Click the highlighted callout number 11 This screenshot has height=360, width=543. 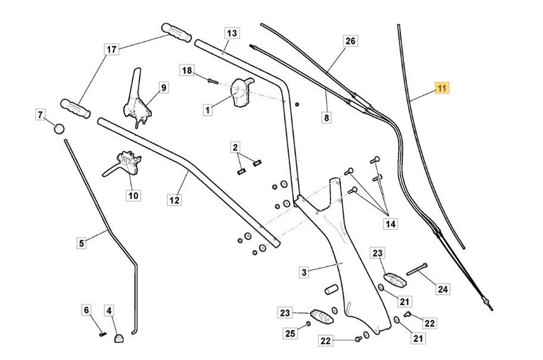[442, 89]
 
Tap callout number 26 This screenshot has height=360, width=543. [350, 40]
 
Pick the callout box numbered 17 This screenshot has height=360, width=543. [111, 50]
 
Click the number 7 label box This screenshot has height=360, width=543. [40, 114]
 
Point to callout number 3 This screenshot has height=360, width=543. [303, 272]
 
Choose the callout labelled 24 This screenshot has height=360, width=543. [443, 289]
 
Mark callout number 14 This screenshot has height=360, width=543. [390, 224]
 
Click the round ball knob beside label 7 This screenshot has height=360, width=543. [59, 129]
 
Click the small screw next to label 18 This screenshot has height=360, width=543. [211, 79]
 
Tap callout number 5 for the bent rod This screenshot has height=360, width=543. [82, 243]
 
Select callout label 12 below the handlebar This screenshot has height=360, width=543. [175, 200]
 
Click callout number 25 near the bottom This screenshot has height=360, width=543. [290, 334]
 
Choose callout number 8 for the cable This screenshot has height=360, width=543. [327, 119]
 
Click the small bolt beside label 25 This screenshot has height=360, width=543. [307, 324]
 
